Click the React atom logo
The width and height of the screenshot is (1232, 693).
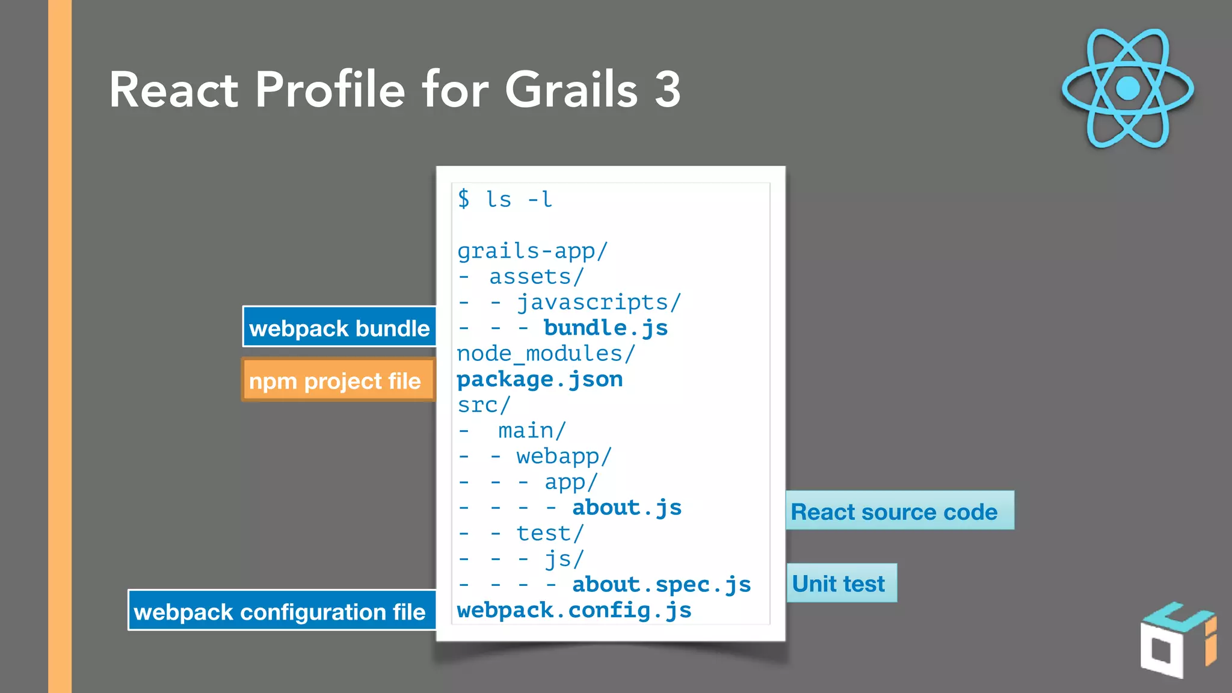pyautogui.click(x=1128, y=88)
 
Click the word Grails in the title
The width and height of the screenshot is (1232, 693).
pyautogui.click(x=571, y=90)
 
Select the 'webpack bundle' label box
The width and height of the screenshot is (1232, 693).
pyautogui.click(x=339, y=327)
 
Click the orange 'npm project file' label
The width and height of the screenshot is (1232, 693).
pyautogui.click(x=337, y=380)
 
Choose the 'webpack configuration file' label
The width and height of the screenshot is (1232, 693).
pyautogui.click(x=281, y=611)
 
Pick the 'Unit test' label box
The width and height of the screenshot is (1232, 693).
pyautogui.click(x=840, y=583)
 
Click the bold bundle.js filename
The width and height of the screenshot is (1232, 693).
pyautogui.click(x=605, y=328)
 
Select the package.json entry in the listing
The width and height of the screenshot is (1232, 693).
pyautogui.click(x=540, y=380)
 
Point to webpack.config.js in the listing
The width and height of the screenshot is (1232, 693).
pyautogui.click(x=574, y=611)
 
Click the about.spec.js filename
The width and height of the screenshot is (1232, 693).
pyautogui.click(x=661, y=585)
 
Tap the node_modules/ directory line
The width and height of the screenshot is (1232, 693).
pyautogui.click(x=546, y=354)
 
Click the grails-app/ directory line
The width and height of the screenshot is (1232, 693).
pyautogui.click(x=532, y=251)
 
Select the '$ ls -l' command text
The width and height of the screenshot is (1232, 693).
pyautogui.click(x=504, y=199)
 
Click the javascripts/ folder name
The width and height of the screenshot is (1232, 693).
pyautogui.click(x=599, y=302)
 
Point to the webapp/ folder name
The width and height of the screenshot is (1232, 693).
pyautogui.click(x=564, y=457)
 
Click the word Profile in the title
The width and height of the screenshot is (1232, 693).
pyautogui.click(x=330, y=90)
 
